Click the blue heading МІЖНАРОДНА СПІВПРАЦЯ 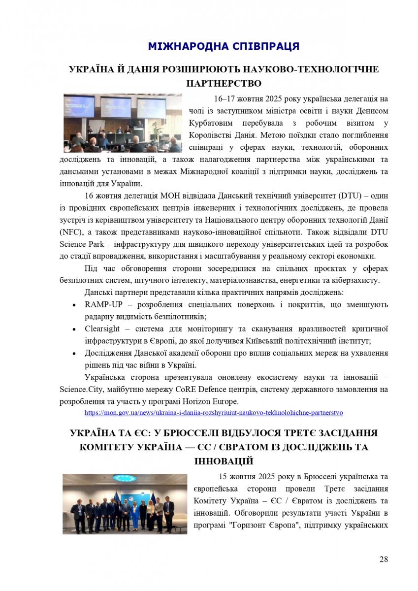coord(224,47)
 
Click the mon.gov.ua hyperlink coord(214,412)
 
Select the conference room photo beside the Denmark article coord(123,123)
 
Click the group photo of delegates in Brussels coord(125,503)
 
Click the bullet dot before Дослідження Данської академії coord(74,353)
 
